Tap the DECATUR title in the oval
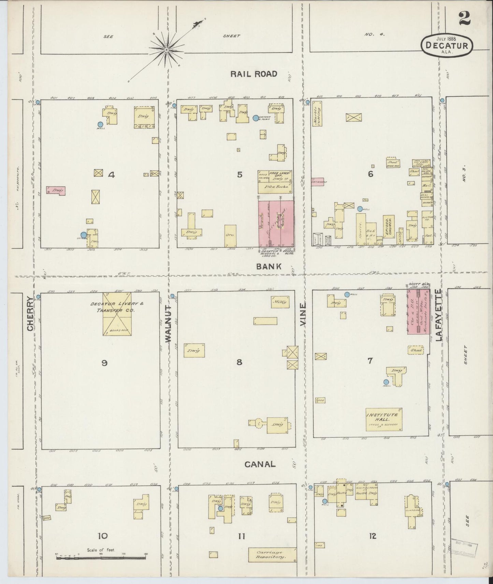click(x=447, y=45)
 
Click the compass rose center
click(x=166, y=50)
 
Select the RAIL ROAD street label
click(x=253, y=74)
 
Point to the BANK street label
click(x=269, y=266)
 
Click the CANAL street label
click(x=260, y=464)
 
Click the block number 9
click(x=104, y=363)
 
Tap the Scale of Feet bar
click(x=101, y=558)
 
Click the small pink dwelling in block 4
click(x=56, y=191)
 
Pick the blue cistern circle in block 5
click(x=256, y=118)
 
